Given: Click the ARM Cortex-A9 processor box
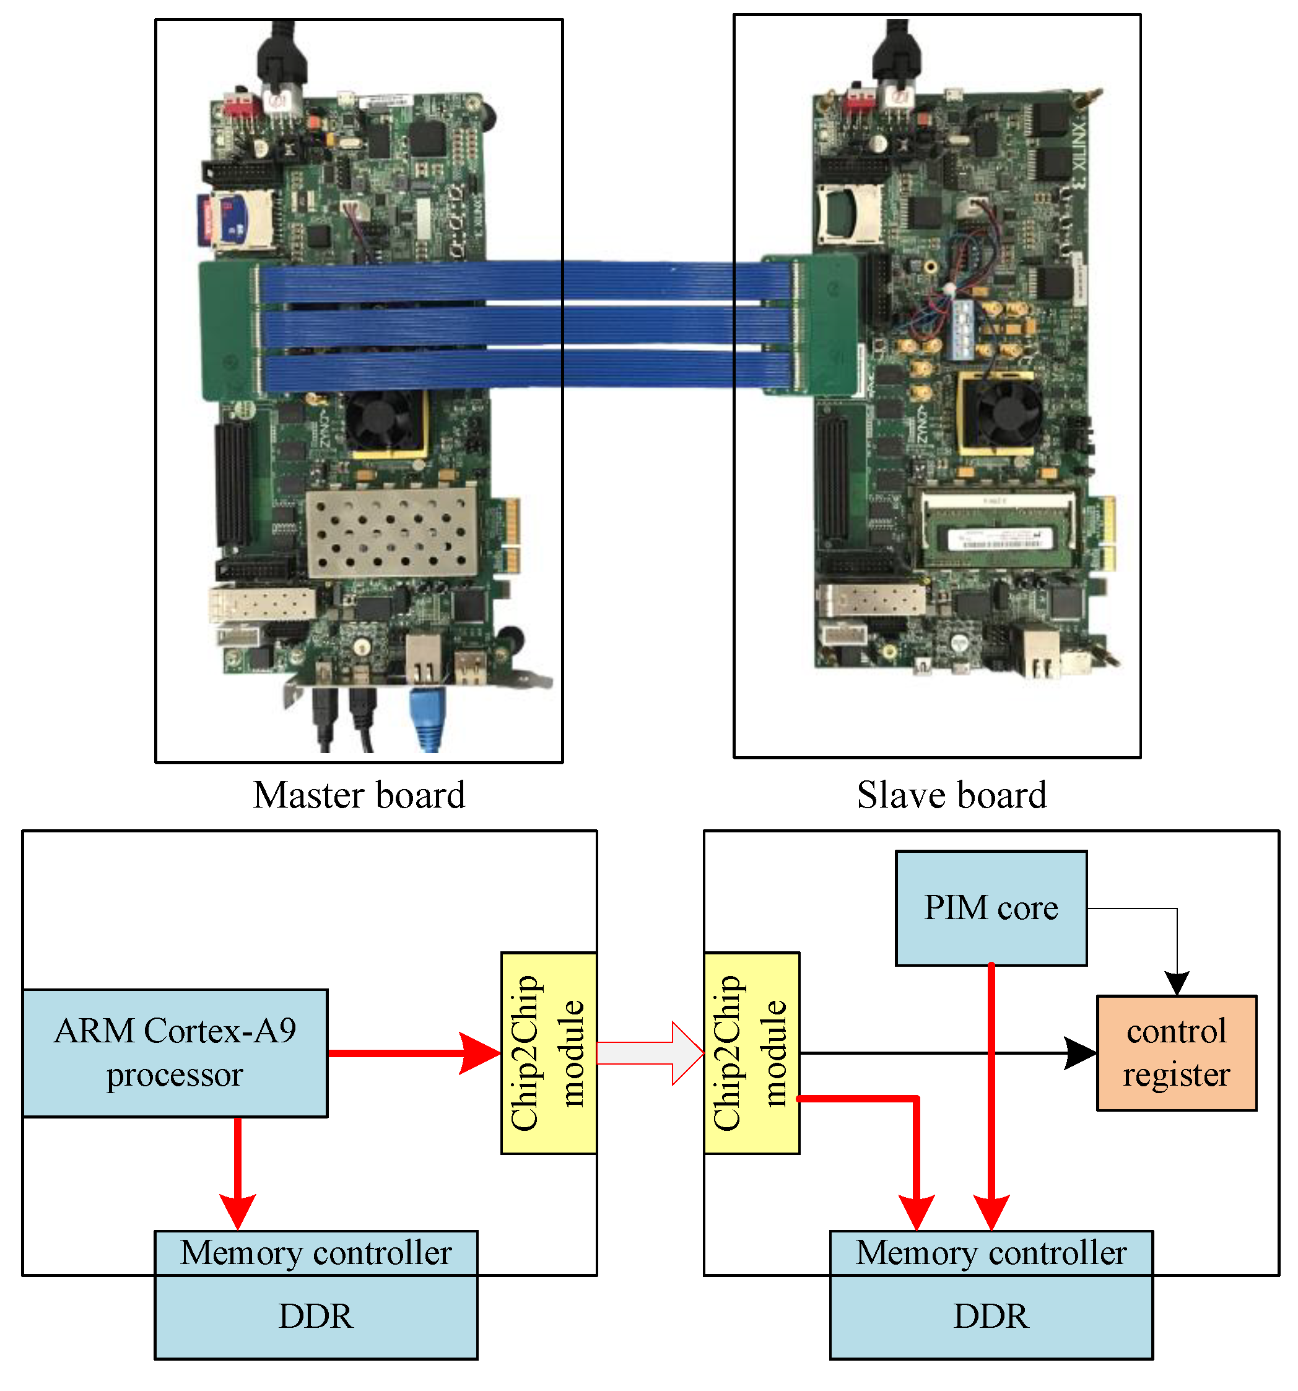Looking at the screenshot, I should [175, 1052].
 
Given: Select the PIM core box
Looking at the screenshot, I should [990, 907].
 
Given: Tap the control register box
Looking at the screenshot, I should [1175, 1052].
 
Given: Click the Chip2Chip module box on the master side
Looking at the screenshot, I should [548, 1052].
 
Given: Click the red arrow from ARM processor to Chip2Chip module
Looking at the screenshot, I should [413, 1052].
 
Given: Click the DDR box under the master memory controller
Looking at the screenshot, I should [316, 1316].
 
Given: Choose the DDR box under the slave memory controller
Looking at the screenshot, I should [990, 1316].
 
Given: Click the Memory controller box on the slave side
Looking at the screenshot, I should [990, 1252].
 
